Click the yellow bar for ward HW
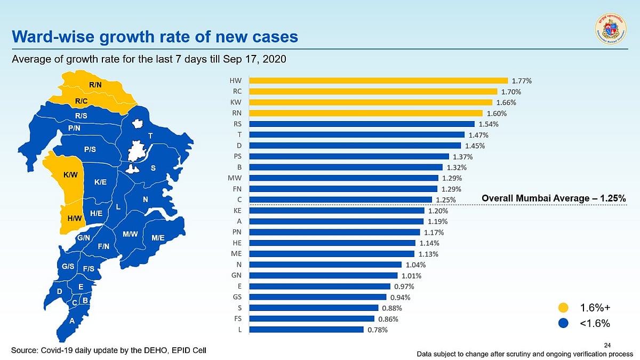pos(378,81)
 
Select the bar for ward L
pos(306,329)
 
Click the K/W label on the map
pos(70,174)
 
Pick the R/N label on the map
pos(95,85)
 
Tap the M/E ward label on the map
pos(158,238)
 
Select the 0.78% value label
pos(378,330)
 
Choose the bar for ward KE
pos(337,210)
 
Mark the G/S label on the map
pos(68,266)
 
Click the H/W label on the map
pos(74,218)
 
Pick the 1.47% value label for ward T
pos(478,135)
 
